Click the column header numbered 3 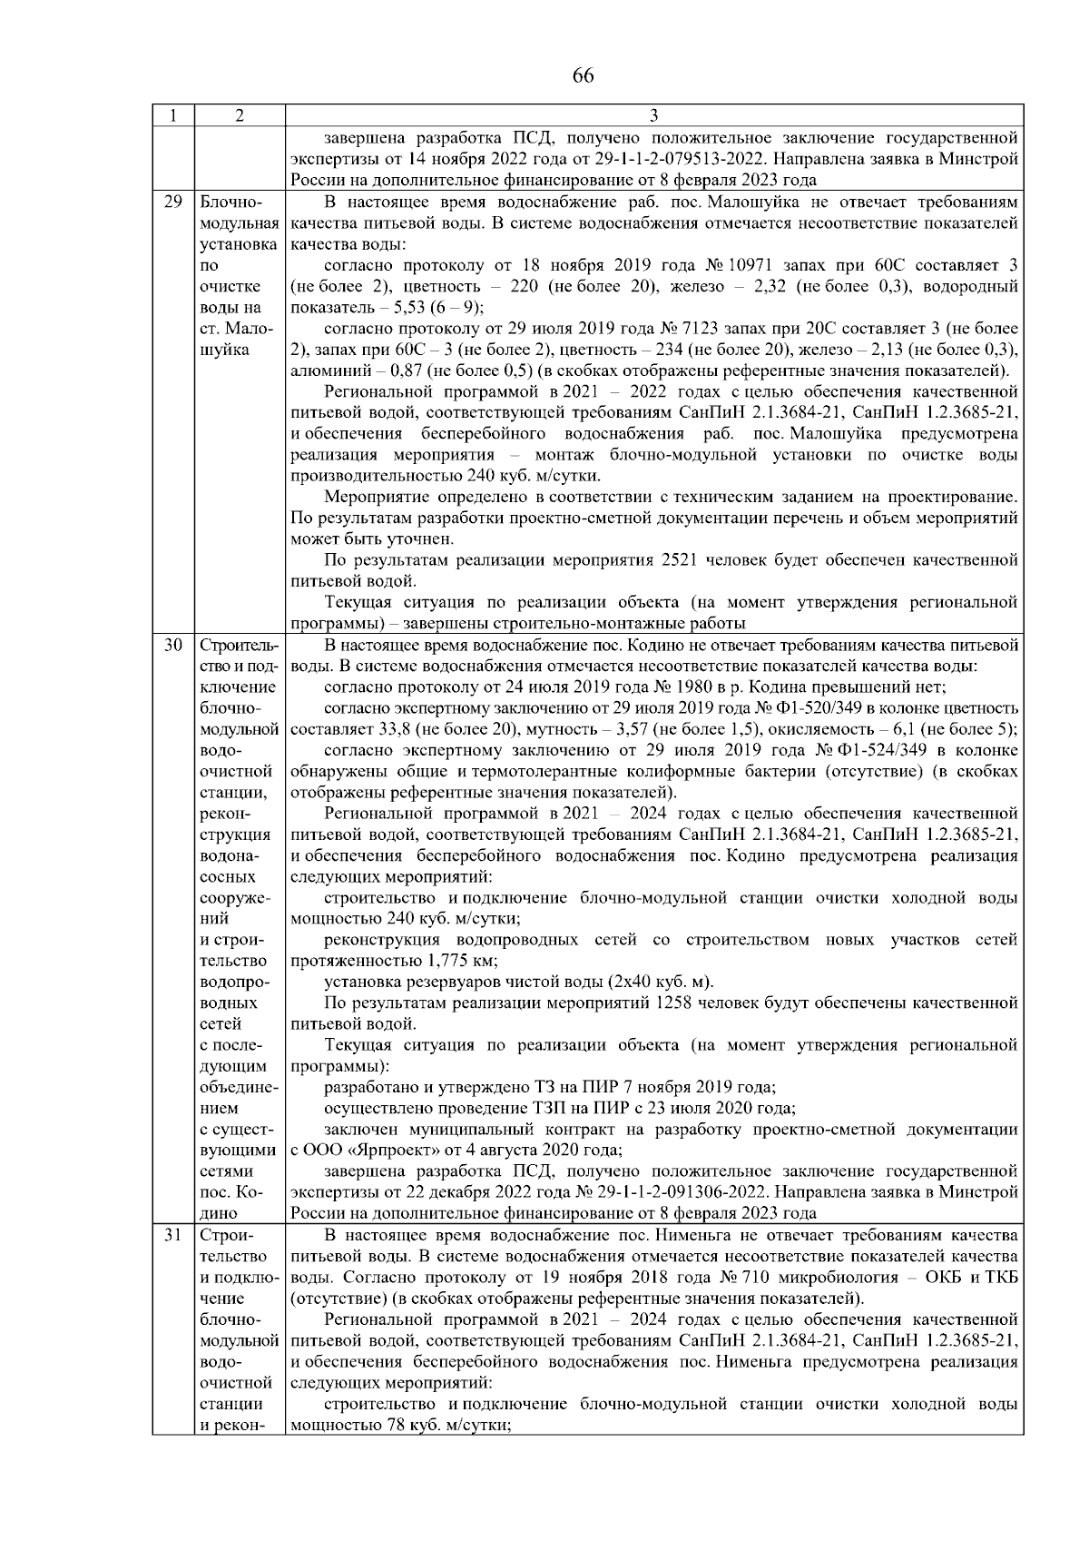pos(654,115)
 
